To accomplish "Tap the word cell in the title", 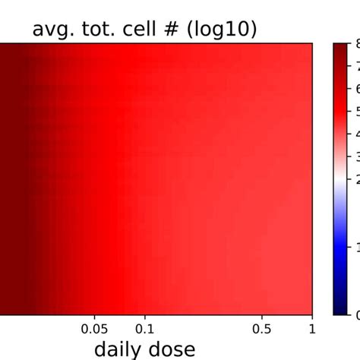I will point(139,30).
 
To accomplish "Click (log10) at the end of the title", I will point(220,30).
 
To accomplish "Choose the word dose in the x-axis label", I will point(171,349).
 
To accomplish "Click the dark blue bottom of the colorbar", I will point(340,308).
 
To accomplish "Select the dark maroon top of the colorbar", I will point(340,49).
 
